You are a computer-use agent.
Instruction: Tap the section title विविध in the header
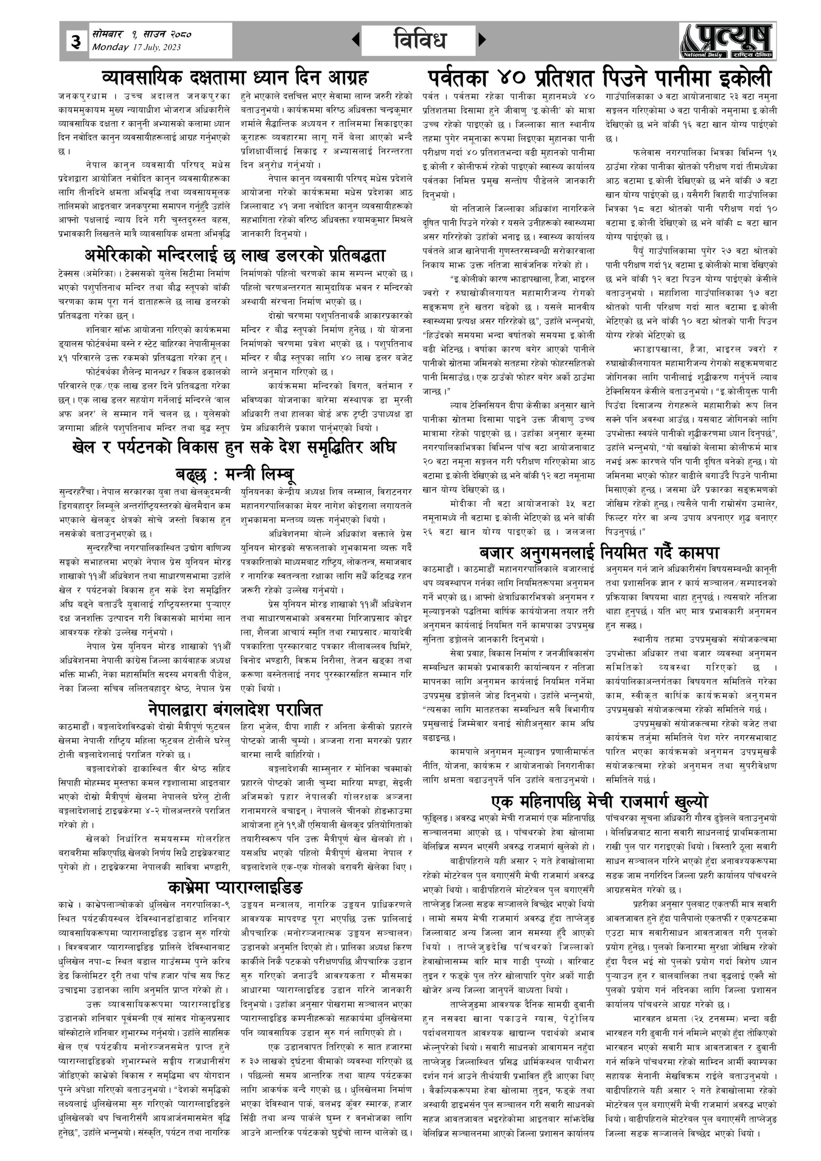point(419,40)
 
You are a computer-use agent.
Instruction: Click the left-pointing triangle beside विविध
point(356,39)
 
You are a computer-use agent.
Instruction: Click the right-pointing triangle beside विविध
point(482,39)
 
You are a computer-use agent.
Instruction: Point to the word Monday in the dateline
point(110,48)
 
